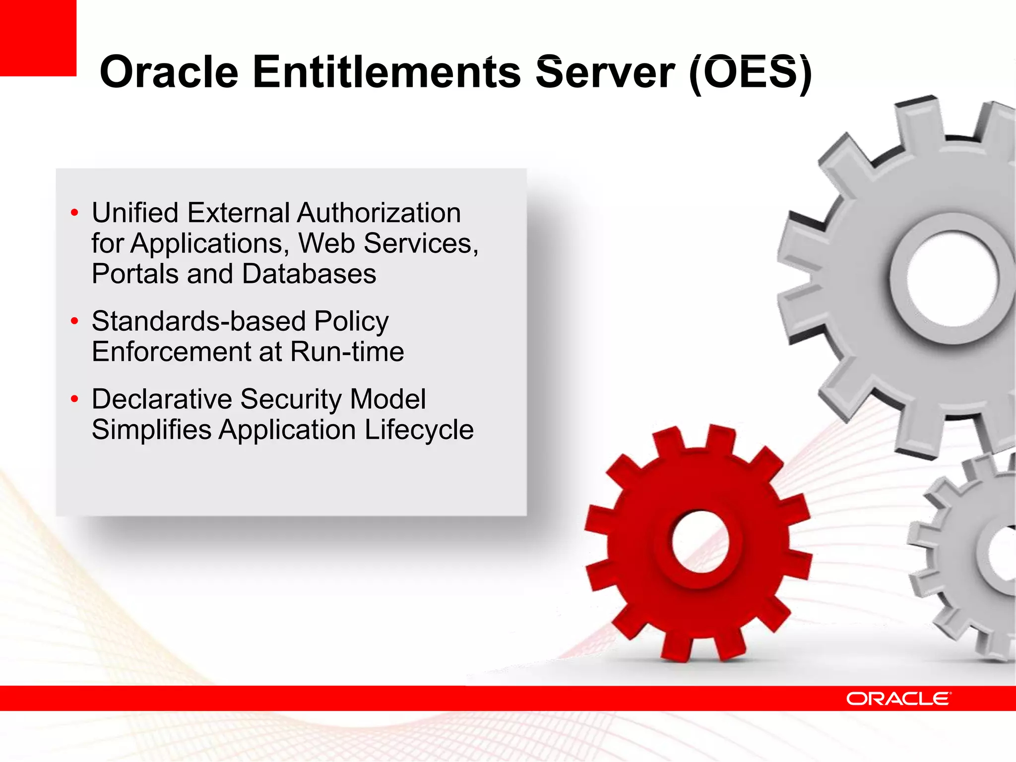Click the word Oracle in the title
169,72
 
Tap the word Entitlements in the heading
387,72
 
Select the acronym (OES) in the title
750,72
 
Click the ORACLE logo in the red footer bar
898,698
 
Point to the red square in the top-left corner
38,38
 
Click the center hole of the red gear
700,542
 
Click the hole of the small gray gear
1005,552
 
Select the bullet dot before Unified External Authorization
74,213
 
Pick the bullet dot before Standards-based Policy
74,321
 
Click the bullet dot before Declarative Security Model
74,399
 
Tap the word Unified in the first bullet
135,213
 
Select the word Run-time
347,352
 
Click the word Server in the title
605,72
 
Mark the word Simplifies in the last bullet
151,430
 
